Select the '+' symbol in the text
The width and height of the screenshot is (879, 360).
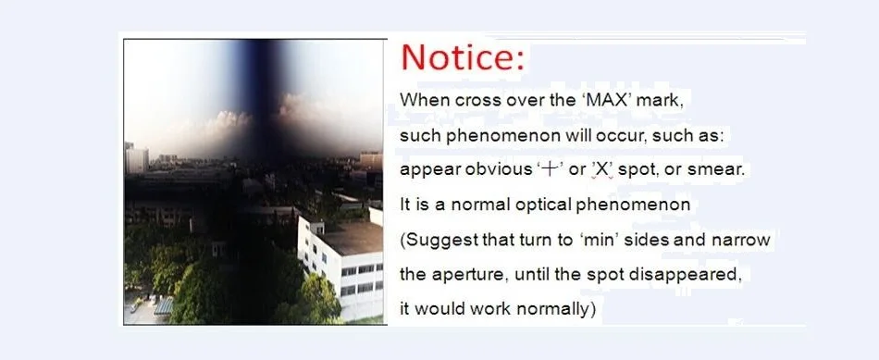click(551, 170)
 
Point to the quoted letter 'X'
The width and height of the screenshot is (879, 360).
click(601, 170)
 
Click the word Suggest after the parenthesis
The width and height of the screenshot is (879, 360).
click(441, 240)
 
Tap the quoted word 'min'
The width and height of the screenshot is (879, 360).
click(594, 240)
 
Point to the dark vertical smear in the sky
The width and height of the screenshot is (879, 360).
click(259, 95)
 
